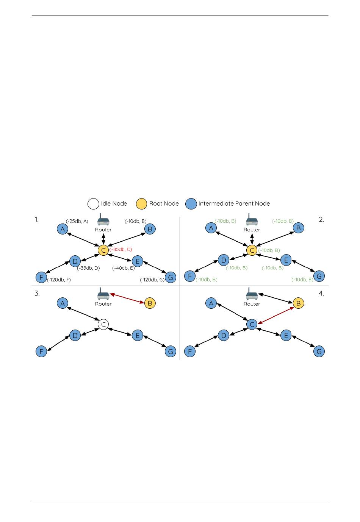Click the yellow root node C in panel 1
click(103, 250)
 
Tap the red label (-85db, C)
click(121, 250)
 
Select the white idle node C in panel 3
click(103, 324)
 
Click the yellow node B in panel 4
click(299, 303)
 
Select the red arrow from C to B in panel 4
click(275, 316)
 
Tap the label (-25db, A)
click(77, 221)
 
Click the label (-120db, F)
click(59, 280)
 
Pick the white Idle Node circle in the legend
click(93, 204)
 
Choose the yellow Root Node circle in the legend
click(141, 204)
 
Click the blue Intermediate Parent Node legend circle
click(191, 204)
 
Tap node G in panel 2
click(319, 276)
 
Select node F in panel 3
click(41, 352)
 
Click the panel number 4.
click(321, 294)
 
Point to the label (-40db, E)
click(123, 268)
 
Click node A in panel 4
click(211, 303)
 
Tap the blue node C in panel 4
click(252, 324)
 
